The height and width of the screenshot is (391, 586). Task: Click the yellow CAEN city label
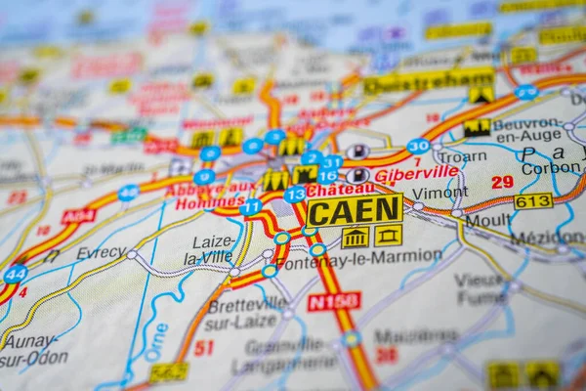[355, 209]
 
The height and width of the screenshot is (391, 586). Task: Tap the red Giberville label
[416, 172]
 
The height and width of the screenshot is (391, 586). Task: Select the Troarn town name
[463, 154]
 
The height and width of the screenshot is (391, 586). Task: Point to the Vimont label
[439, 194]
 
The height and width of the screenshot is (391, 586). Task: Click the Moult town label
[488, 220]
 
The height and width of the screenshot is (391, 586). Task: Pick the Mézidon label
[546, 238]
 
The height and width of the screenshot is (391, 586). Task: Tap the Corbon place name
[551, 168]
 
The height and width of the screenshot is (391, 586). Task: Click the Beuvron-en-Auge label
[527, 131]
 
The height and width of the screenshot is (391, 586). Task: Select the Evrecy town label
[102, 252]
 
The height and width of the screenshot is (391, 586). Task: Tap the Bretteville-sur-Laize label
[246, 312]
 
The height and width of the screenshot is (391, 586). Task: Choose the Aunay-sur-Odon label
[35, 350]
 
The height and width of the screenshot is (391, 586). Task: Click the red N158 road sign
[334, 302]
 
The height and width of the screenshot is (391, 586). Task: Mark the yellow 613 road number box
[533, 201]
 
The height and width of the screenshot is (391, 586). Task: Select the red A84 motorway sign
[79, 216]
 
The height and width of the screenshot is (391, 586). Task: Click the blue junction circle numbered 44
[15, 274]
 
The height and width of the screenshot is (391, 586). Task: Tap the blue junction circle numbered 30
[418, 146]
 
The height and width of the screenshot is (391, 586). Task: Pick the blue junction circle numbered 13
[295, 195]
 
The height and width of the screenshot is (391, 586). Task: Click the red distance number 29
[502, 182]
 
